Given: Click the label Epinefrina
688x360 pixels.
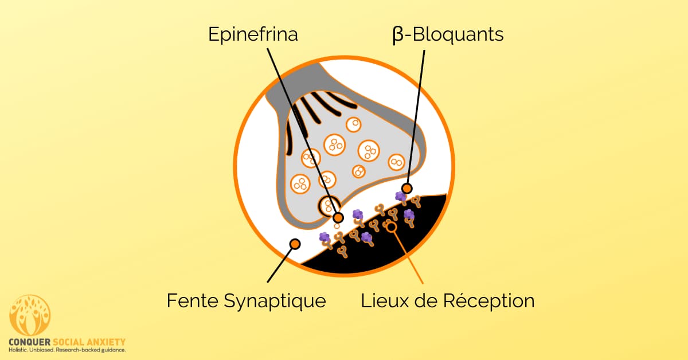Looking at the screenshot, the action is tap(253, 34).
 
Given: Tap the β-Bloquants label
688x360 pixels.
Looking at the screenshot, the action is tap(448, 34).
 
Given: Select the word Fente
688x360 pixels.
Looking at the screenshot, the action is tap(192, 300).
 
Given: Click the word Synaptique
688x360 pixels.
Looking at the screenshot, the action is tap(275, 302).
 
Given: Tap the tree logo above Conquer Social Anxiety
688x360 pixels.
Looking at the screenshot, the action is tap(30, 315).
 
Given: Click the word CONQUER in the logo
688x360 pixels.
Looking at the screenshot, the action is tap(29, 342).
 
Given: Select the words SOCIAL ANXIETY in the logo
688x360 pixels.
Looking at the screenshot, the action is tap(89, 342).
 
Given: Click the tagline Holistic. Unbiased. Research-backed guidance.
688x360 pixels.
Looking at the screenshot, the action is tap(67, 350).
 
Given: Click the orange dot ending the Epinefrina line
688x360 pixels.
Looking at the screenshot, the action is tap(338, 218).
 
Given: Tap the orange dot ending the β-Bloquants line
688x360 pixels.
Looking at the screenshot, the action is tap(407, 188).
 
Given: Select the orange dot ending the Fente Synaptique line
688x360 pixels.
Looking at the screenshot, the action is tap(295, 244).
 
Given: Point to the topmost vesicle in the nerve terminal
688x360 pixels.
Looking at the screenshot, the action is tap(354, 124).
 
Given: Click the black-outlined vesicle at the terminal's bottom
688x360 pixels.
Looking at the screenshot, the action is tap(329, 205).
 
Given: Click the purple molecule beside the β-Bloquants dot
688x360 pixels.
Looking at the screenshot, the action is tap(401, 196).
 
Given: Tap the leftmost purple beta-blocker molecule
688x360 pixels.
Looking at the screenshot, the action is tap(325, 237).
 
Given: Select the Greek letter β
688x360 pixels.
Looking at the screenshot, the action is tap(398, 35).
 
